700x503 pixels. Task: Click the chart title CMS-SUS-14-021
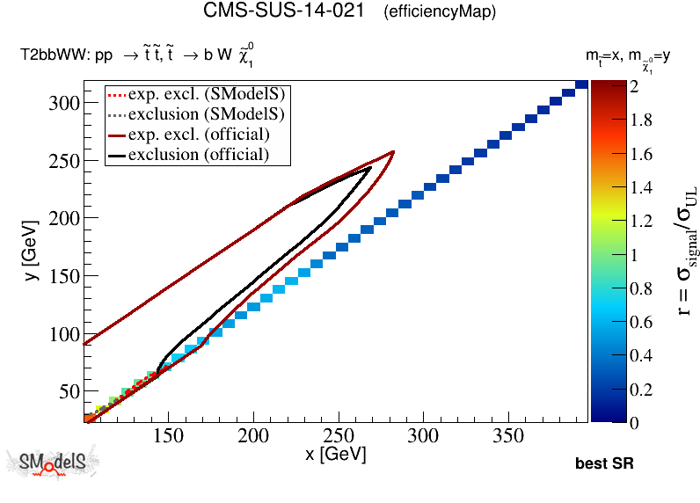(284, 11)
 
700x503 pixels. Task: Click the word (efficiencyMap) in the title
(440, 12)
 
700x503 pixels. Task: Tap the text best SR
(604, 463)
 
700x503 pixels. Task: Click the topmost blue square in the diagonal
(581, 84)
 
